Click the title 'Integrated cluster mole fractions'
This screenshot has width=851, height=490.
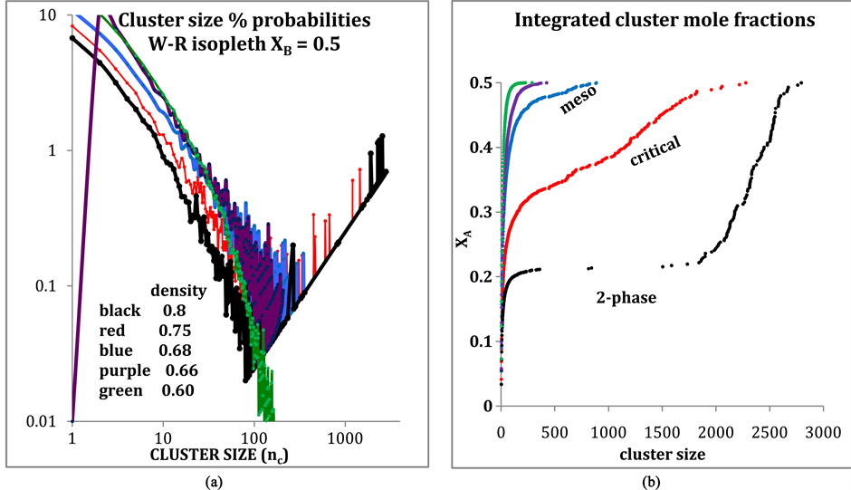651,20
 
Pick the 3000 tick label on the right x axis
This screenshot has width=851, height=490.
821,433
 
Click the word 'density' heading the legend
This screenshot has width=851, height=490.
178,292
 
